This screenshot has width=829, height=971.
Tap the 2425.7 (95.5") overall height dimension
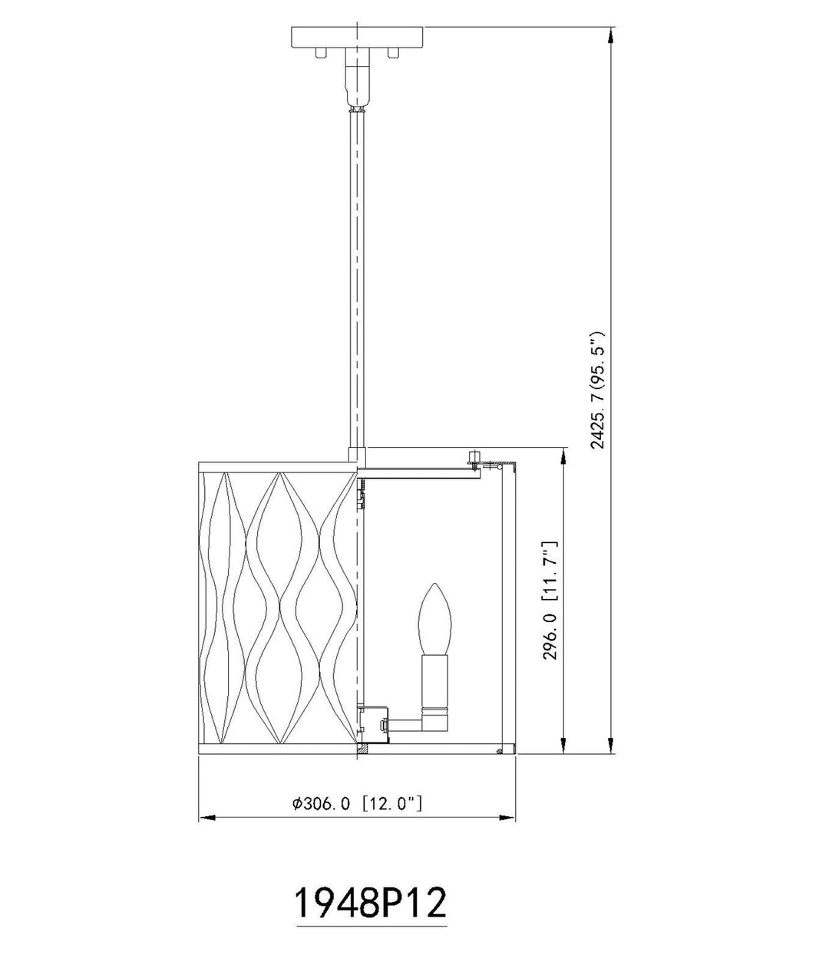[597, 391]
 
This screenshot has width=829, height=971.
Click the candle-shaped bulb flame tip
[436, 584]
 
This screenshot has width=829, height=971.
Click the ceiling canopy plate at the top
[358, 38]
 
